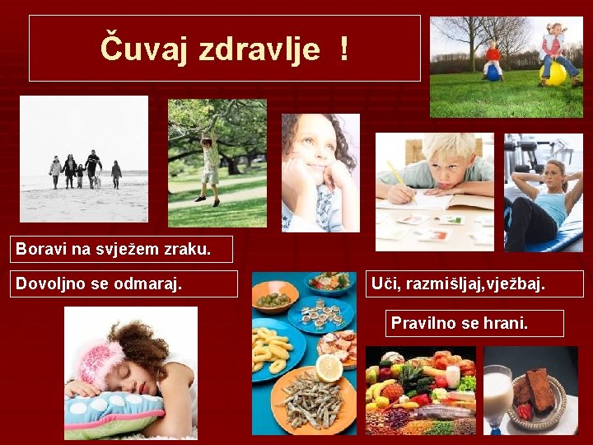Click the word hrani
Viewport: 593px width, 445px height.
(x=504, y=323)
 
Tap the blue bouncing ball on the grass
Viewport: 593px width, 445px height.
(x=493, y=73)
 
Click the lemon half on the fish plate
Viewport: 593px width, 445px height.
(x=329, y=368)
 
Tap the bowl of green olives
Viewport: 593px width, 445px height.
(x=274, y=298)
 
